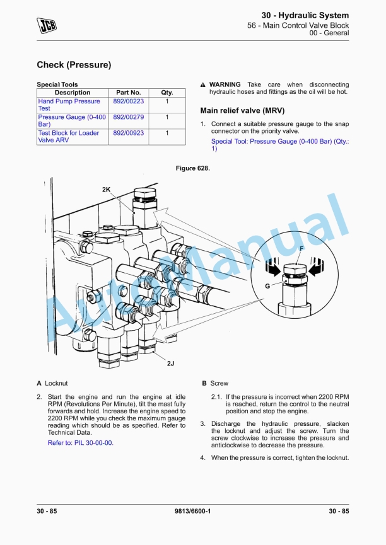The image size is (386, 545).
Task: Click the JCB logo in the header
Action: (x=47, y=25)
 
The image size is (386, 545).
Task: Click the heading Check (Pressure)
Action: (x=74, y=65)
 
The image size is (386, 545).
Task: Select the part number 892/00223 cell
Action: (x=128, y=101)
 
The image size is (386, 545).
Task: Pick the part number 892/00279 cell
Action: (x=128, y=117)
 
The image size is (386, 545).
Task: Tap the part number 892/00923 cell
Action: (x=128, y=133)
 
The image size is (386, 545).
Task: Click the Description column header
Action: (x=73, y=93)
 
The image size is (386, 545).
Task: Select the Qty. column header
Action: (x=167, y=93)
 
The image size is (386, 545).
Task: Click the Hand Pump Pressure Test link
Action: (x=69, y=105)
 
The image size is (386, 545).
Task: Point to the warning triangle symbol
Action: (x=203, y=85)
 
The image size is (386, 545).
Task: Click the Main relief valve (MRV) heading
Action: (x=238, y=110)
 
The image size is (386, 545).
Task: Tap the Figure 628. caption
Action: (x=192, y=168)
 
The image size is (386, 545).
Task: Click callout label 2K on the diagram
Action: (x=107, y=190)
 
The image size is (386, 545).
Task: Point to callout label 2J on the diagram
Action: (x=170, y=364)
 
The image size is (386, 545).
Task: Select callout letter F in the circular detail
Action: (x=301, y=249)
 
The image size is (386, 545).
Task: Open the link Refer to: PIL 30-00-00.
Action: (x=81, y=443)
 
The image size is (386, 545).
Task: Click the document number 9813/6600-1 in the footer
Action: (x=192, y=511)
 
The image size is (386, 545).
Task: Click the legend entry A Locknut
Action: (x=52, y=383)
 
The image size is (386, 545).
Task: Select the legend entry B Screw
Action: (x=215, y=383)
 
